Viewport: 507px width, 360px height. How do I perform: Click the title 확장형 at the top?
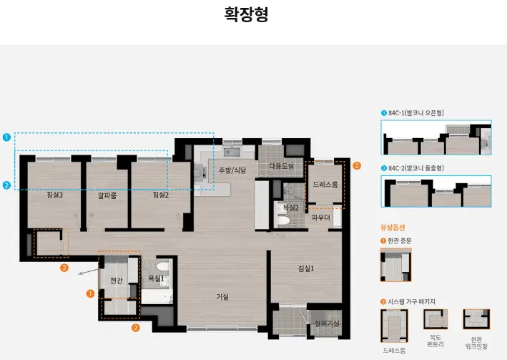(x=246, y=15)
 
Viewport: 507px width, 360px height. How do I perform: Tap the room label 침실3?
(x=54, y=195)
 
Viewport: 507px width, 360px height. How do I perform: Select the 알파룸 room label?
(x=107, y=195)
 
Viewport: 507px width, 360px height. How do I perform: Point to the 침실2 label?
(x=160, y=195)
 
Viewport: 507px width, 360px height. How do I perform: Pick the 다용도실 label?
(x=281, y=166)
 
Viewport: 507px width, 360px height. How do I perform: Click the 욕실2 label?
(x=290, y=208)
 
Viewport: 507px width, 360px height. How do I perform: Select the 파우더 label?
(x=321, y=218)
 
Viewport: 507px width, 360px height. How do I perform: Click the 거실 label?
(x=222, y=296)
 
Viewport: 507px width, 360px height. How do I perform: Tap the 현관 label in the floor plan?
(x=117, y=280)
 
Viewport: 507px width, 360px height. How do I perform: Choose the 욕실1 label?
(x=156, y=278)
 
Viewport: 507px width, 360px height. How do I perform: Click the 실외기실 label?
(x=327, y=323)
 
